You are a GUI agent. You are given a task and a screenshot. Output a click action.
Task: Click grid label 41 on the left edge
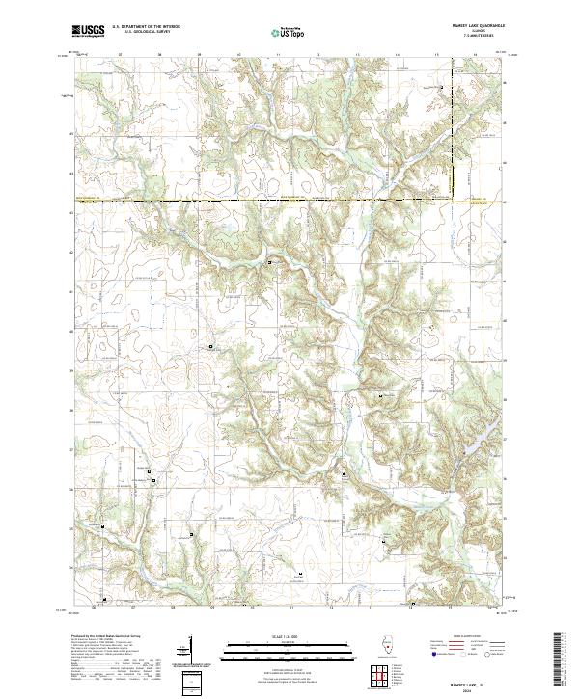[70, 291]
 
